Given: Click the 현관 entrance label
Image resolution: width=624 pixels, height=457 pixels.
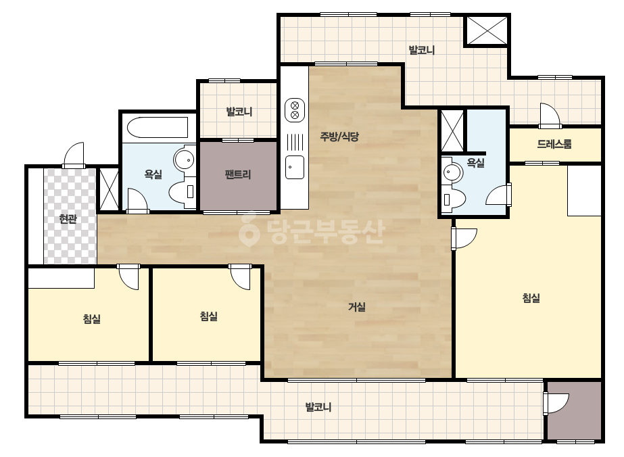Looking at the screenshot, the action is point(68,218).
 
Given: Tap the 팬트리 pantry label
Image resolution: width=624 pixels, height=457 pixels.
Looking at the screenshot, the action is point(238,174).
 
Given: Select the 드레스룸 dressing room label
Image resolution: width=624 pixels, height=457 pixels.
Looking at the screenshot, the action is point(554,144).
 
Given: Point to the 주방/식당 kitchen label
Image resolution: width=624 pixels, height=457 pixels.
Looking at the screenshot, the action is point(339,137).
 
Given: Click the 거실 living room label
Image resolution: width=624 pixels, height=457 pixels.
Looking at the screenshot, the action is point(357,307).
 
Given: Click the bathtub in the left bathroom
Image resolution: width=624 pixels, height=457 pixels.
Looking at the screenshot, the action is point(158,127).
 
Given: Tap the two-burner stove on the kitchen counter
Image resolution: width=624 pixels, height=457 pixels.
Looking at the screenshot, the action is point(295,110).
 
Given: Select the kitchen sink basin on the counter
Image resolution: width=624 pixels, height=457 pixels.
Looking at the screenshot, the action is point(295,167).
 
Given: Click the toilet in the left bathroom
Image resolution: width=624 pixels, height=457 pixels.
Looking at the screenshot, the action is point(182,192).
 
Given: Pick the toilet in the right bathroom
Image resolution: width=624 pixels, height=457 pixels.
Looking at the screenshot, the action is point(454,198).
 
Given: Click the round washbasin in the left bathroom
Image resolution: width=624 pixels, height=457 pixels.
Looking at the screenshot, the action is point(185,160).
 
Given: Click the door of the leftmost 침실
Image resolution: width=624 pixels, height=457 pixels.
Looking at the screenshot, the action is point(128,276).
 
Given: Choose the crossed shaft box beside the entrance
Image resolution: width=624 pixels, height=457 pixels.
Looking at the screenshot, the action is point(109,189).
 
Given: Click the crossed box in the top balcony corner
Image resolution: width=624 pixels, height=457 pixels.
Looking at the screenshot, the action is point(487,30).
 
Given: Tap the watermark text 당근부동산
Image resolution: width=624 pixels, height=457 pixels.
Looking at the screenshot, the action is point(312,232).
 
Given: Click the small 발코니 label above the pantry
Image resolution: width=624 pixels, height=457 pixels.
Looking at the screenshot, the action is point(239,112).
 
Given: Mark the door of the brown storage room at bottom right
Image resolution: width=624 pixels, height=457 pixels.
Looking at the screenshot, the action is point(556,404).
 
